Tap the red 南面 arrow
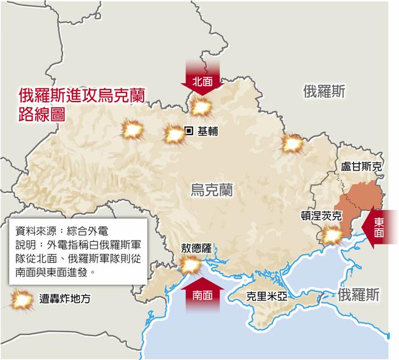(203, 292)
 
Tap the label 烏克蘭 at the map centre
(211, 190)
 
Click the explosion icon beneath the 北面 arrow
(200, 108)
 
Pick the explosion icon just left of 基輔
(174, 134)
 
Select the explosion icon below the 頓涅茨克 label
(332, 235)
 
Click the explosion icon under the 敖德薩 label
(190, 265)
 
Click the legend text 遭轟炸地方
(64, 299)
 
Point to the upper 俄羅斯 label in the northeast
(324, 92)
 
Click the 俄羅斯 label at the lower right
(358, 296)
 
